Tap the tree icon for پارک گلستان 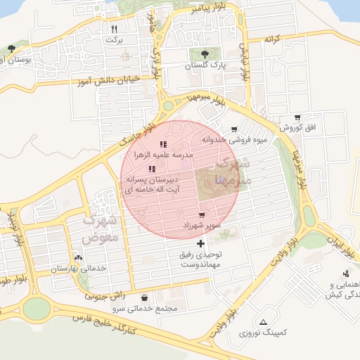pos(205,53)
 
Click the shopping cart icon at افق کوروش pos(297,117)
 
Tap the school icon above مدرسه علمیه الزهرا pos(163,144)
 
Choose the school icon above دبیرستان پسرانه pos(152,169)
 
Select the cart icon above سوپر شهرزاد pos(202,214)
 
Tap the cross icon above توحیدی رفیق pos(202,243)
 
